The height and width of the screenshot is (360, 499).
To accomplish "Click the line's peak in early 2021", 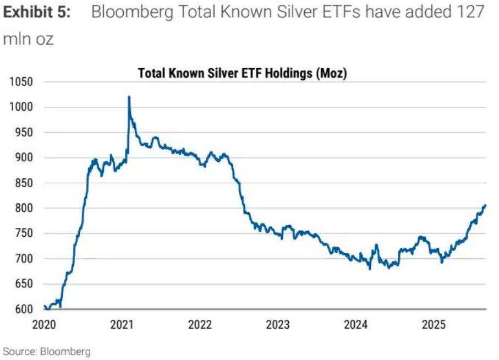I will point(129,97).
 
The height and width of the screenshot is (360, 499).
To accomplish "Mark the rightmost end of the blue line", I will point(485,205).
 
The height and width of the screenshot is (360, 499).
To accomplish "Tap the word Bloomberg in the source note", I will point(62,351).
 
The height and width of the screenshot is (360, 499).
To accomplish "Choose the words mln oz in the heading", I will point(29,40).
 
